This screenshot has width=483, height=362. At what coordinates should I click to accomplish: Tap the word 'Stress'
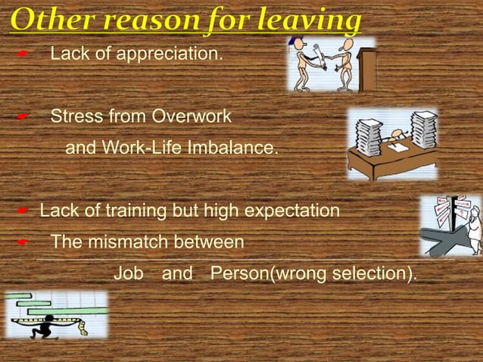point(77,117)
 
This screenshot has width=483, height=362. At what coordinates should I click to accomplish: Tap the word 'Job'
point(128,273)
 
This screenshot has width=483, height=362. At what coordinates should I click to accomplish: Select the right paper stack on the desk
point(424,129)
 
